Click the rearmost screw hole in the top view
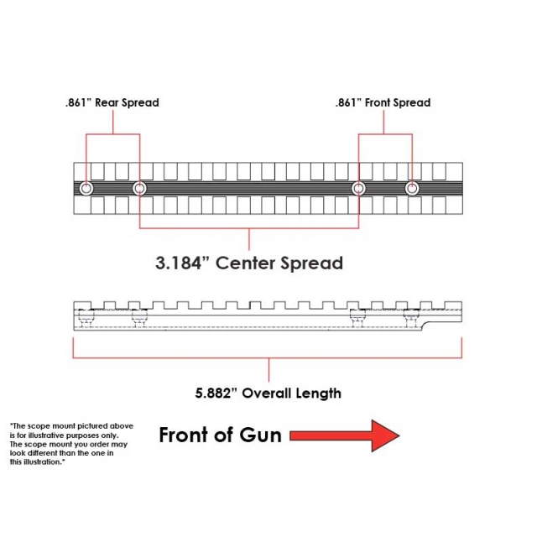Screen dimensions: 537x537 point(86,188)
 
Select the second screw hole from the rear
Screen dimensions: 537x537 point(139,188)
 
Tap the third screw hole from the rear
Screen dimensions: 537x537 point(358,188)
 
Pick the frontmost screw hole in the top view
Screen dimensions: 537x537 point(412,188)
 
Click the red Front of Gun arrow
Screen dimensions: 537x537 point(345,435)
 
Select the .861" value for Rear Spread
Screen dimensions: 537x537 point(78,102)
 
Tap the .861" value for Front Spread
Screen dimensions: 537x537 point(348,102)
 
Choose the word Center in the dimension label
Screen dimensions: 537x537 point(245,263)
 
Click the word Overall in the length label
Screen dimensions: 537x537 point(267,393)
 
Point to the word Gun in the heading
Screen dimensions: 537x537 point(260,435)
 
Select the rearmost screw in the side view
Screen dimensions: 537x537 point(86,317)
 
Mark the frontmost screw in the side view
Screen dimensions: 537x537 point(411,317)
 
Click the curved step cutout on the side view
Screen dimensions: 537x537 point(425,326)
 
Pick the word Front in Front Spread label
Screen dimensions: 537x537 point(377,102)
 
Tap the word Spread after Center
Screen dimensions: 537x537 point(311,263)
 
